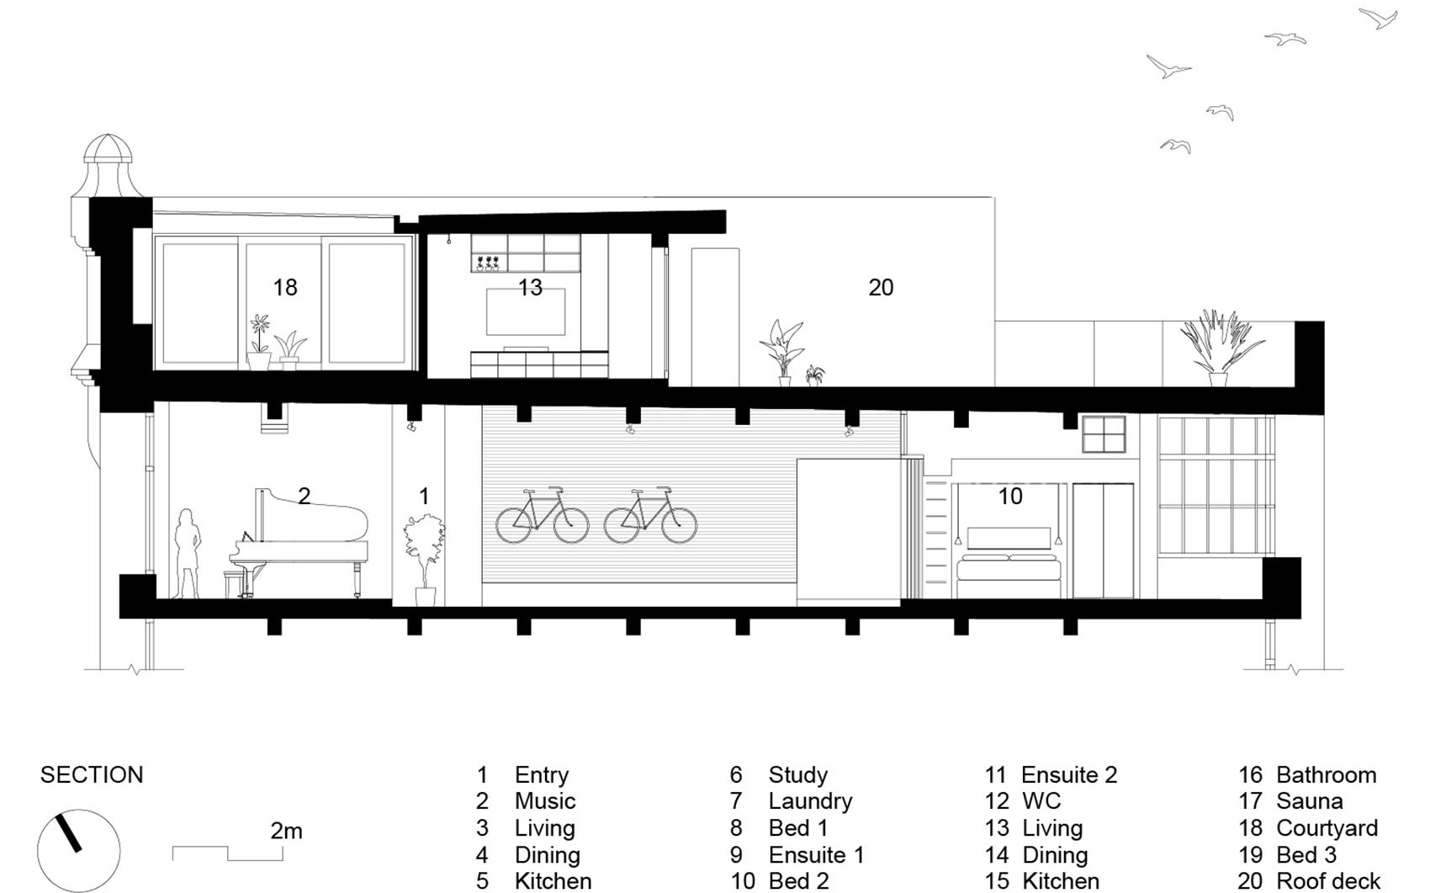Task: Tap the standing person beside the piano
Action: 188,553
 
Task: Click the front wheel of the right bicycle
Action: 679,525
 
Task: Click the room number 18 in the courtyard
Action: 284,288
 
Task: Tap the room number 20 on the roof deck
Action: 881,288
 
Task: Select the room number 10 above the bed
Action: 1010,497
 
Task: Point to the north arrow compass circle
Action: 78,851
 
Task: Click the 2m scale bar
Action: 228,853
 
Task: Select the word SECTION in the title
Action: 92,775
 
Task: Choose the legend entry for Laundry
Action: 791,801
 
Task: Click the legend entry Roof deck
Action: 1310,881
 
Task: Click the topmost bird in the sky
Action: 1380,18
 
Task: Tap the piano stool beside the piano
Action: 234,584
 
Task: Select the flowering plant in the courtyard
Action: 259,342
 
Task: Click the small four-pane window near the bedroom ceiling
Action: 1104,434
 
